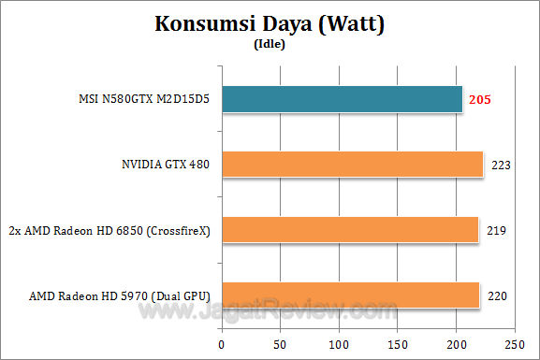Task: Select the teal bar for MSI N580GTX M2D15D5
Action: (x=341, y=99)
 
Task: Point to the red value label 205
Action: (x=480, y=99)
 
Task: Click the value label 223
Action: (x=501, y=165)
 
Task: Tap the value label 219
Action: (x=497, y=230)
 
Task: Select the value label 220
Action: (x=498, y=295)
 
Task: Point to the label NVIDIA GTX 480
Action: (x=166, y=165)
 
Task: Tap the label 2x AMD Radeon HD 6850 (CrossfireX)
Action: (x=110, y=230)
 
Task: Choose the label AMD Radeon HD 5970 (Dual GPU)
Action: (x=120, y=295)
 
